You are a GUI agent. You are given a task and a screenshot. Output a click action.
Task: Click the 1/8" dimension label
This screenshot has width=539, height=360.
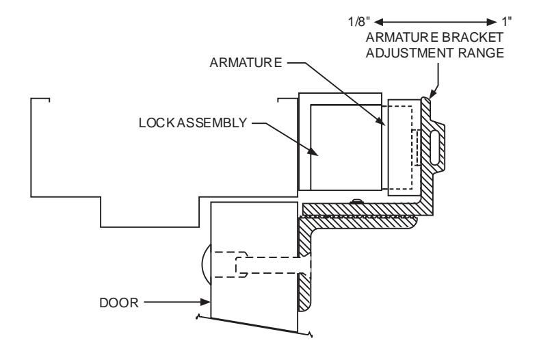359,22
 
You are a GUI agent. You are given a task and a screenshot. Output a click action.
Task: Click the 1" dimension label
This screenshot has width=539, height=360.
506,22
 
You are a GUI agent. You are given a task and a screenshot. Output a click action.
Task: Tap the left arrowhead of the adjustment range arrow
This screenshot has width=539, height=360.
379,23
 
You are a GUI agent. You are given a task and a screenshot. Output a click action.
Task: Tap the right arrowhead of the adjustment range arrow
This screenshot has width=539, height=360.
492,23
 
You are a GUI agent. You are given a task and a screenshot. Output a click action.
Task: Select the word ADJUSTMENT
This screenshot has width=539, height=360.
410,53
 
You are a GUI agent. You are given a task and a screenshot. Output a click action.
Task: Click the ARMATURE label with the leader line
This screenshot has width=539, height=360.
246,62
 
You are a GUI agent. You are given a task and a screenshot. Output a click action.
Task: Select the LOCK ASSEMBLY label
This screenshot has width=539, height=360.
193,123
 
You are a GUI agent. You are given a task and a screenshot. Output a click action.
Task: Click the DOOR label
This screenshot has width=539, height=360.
119,303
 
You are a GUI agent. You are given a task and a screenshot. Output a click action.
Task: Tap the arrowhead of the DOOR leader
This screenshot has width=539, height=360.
206,303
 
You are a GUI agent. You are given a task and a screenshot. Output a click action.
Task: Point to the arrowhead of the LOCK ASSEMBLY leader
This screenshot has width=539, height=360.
313,152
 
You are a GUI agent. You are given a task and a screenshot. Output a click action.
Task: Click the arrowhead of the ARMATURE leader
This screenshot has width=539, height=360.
380,121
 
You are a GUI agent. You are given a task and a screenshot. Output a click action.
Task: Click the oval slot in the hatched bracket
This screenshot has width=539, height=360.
434,148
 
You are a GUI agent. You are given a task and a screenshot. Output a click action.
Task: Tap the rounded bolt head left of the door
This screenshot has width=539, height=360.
207,264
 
